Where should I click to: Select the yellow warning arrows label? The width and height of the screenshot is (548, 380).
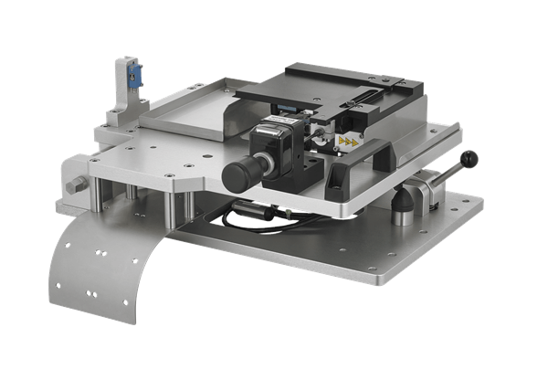[x=347, y=141]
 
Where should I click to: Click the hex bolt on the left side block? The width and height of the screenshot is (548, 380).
[x=77, y=186]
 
